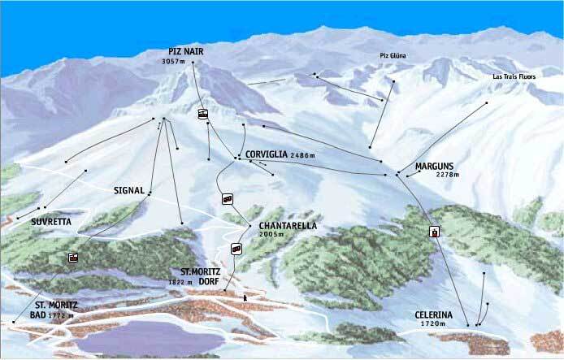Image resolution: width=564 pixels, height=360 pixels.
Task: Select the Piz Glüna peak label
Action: [x=392, y=55]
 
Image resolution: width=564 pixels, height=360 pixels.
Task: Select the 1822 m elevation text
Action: [x=180, y=282]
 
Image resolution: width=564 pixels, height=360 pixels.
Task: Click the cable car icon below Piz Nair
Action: [x=202, y=115]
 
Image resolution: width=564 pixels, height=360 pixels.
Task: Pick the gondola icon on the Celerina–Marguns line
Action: [x=435, y=232]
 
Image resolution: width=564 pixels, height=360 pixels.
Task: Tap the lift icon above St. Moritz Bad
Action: [x=73, y=258]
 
